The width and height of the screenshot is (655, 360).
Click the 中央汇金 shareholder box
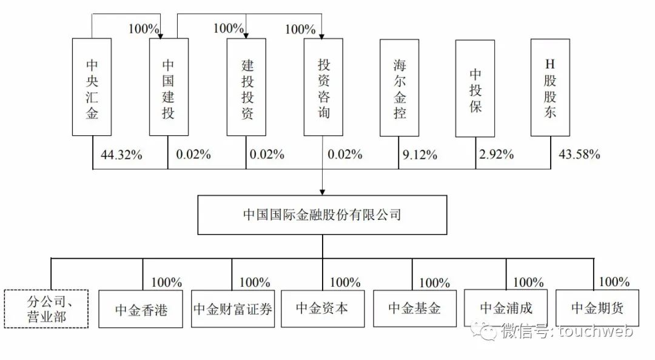[92, 87]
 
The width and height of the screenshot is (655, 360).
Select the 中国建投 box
[168, 87]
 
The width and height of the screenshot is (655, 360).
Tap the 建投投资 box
[246, 87]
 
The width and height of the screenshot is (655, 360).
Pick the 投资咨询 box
[324, 87]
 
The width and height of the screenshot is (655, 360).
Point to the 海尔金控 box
[399, 87]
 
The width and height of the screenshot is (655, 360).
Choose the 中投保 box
[475, 87]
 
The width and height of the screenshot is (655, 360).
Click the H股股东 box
[550, 87]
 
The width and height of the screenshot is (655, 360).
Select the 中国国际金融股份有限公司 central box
[321, 215]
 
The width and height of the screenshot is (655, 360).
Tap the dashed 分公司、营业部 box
[46, 308]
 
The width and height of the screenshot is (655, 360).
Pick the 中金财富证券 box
[233, 308]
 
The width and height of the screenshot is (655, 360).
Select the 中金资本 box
[322, 308]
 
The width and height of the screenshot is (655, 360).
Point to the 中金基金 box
[414, 308]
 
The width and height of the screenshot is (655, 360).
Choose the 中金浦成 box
[506, 308]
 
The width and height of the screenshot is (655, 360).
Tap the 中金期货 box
[597, 308]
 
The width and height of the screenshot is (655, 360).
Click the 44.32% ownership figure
[121, 155]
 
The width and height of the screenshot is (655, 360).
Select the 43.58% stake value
[579, 155]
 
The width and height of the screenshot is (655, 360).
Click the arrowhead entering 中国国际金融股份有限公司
[321, 190]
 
